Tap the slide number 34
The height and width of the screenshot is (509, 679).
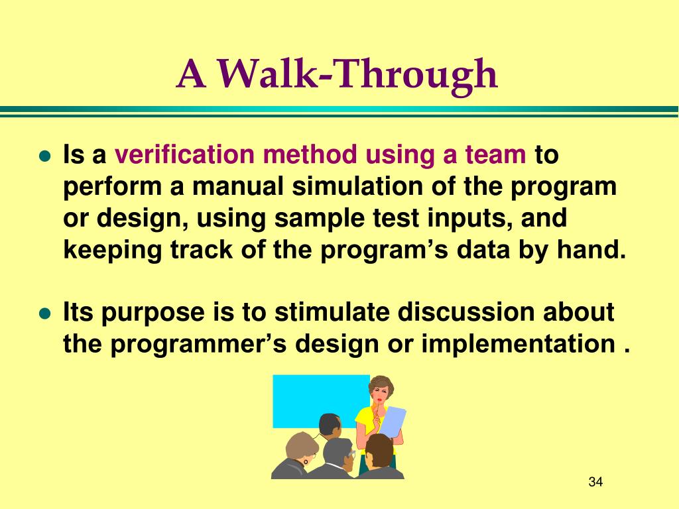tap(595, 482)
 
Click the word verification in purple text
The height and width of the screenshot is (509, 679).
tap(184, 154)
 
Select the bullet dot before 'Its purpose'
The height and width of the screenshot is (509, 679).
tap(45, 313)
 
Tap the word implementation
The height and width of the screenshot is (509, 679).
tap(519, 344)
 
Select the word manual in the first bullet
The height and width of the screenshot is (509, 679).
tap(237, 186)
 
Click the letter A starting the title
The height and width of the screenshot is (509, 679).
tap(190, 74)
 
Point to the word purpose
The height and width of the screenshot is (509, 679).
tap(153, 313)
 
